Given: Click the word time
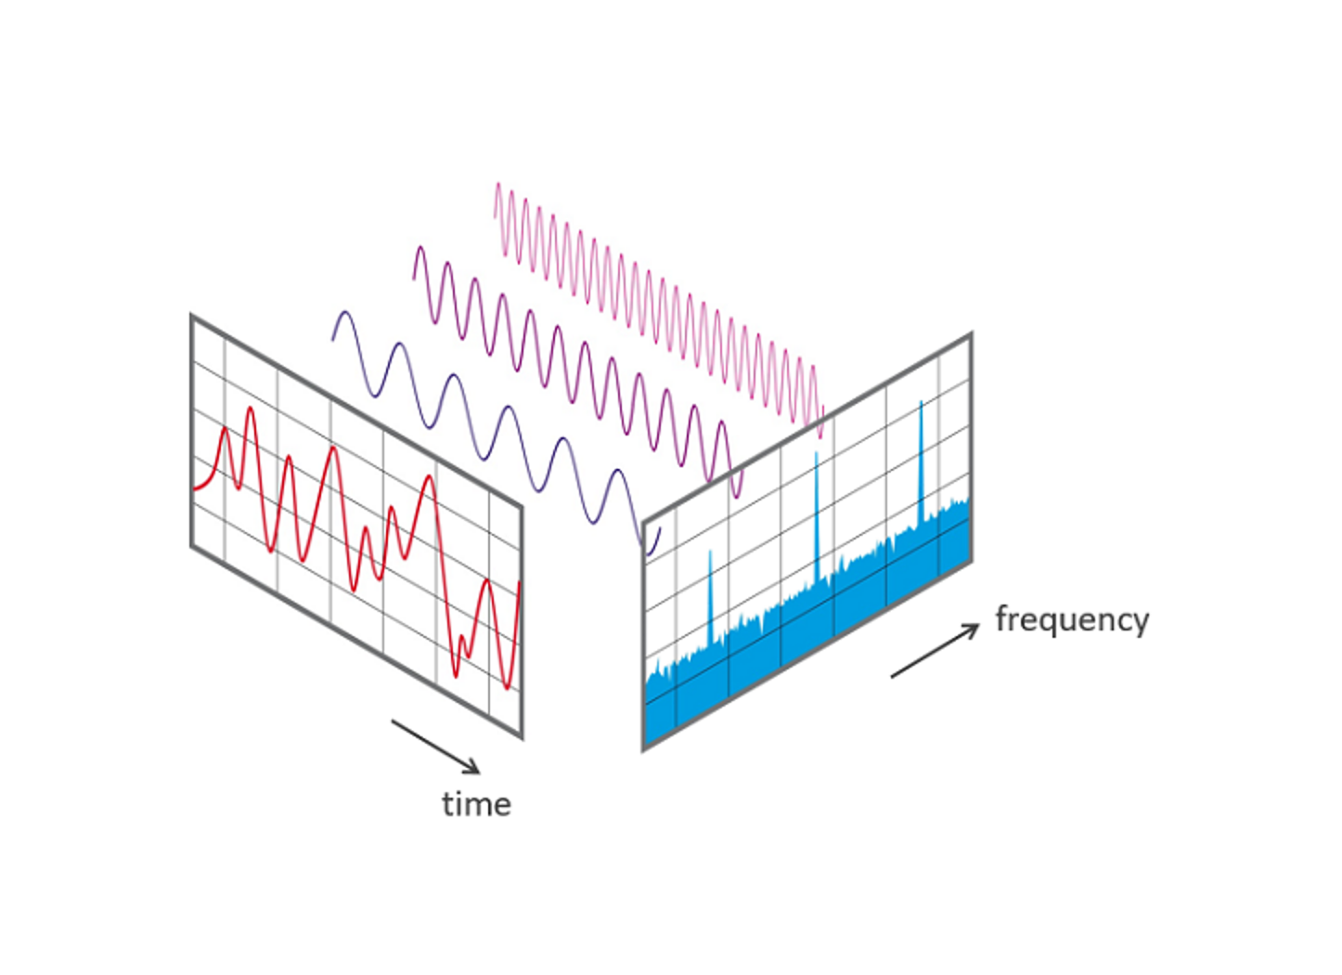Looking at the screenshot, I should (x=476, y=804).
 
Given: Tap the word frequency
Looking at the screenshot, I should (x=1072, y=619).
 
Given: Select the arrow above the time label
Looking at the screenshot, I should (x=435, y=747).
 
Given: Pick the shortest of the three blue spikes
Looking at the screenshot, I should (x=710, y=554).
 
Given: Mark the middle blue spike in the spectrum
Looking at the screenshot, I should (x=817, y=456).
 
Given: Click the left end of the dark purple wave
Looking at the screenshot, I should (x=332, y=340).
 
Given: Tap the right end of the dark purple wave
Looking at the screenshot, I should (x=660, y=528).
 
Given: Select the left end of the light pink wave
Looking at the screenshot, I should (x=495, y=217).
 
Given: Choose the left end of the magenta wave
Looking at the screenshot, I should (x=413, y=278).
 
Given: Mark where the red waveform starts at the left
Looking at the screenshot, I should (x=194, y=488).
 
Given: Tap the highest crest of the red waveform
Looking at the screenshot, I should (x=250, y=409).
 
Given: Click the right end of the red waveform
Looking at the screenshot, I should (x=519, y=583).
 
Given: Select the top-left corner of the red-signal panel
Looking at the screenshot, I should (x=191, y=316).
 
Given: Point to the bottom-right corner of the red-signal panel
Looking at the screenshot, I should (x=523, y=738).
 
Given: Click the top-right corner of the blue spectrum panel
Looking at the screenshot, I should (x=972, y=333).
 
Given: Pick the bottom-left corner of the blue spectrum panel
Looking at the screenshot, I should (x=643, y=750).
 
